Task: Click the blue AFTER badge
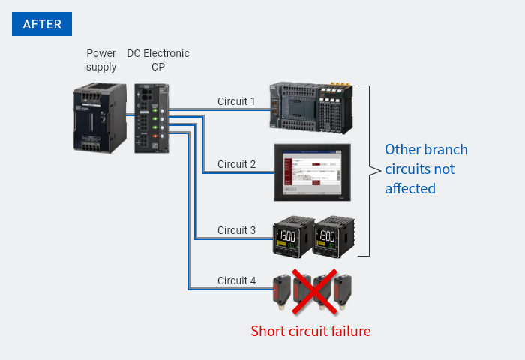[42, 23]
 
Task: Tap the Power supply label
[101, 60]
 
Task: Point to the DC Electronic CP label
[158, 60]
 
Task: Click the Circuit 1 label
[236, 101]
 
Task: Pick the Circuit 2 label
[236, 164]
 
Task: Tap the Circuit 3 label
[236, 229]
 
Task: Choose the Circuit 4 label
[236, 280]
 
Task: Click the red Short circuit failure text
[310, 331]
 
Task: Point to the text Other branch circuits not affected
[425, 169]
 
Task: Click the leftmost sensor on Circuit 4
[280, 293]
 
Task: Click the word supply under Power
[101, 67]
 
